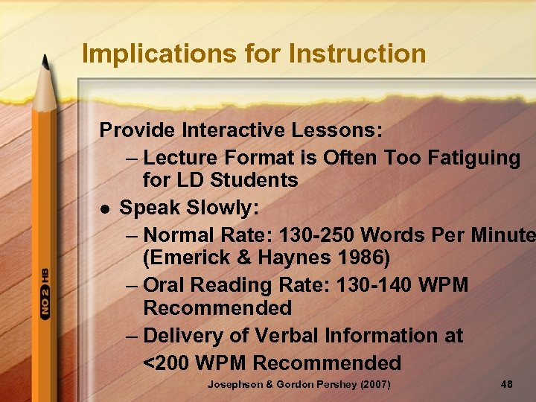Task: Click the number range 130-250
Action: [316, 236]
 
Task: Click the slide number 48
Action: [507, 384]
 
